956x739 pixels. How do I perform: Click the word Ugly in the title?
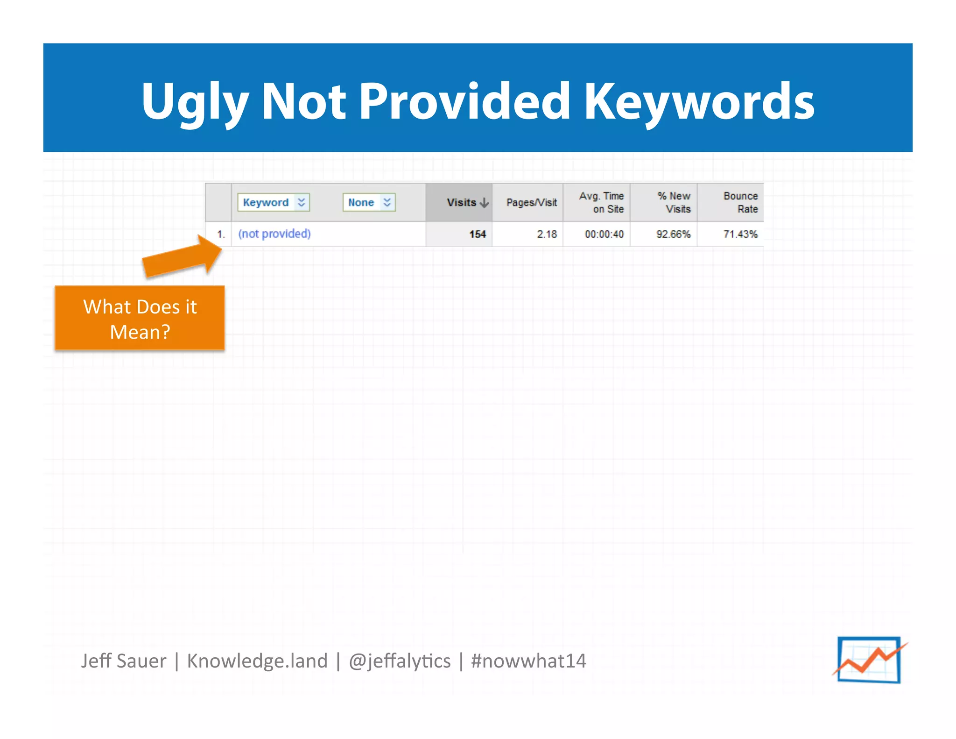click(x=195, y=102)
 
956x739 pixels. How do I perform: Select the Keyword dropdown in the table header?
click(x=274, y=202)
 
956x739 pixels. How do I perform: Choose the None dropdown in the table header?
click(x=369, y=202)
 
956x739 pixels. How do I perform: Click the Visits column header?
click(x=461, y=202)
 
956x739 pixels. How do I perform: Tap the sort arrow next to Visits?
click(x=485, y=203)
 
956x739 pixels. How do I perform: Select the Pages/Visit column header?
click(x=531, y=202)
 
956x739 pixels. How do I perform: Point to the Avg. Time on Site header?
click(x=601, y=202)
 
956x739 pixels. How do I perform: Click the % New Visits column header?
click(x=674, y=202)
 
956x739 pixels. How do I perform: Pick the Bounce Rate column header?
click(x=740, y=202)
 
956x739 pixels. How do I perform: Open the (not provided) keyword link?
click(x=274, y=234)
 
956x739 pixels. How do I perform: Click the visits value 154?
click(x=477, y=234)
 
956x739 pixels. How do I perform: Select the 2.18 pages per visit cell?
click(x=547, y=234)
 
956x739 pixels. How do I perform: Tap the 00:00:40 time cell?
click(x=604, y=234)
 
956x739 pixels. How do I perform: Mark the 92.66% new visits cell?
click(x=673, y=234)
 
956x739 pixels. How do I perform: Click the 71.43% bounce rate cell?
click(x=740, y=234)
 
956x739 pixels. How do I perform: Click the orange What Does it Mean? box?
click(x=140, y=319)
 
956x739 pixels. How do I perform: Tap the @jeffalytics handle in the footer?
click(x=400, y=661)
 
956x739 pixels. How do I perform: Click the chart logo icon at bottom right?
click(x=869, y=660)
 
